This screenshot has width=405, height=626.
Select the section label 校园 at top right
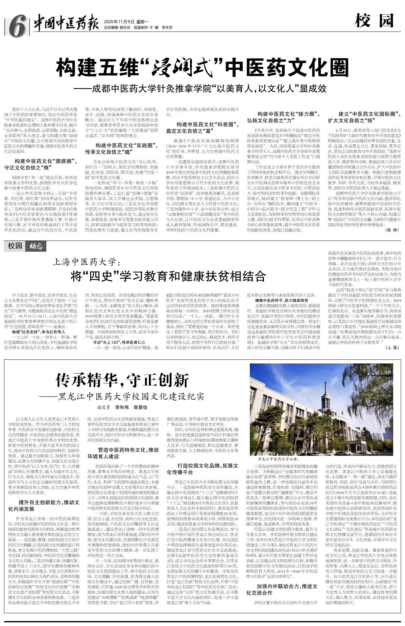tap(374, 21)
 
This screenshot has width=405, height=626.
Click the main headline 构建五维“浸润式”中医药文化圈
tap(202, 68)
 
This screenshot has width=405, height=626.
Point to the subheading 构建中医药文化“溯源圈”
tap(41, 164)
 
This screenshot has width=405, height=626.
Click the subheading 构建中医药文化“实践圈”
tap(122, 149)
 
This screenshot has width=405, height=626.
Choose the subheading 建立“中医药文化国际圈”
tap(365, 117)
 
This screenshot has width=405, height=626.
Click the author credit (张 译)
tap(392, 230)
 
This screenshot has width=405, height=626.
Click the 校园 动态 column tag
tap(25, 246)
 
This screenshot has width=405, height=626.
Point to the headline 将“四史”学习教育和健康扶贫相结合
tap(168, 276)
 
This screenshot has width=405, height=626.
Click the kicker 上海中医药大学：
tap(87, 262)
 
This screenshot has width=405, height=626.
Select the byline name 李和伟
tap(122, 407)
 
